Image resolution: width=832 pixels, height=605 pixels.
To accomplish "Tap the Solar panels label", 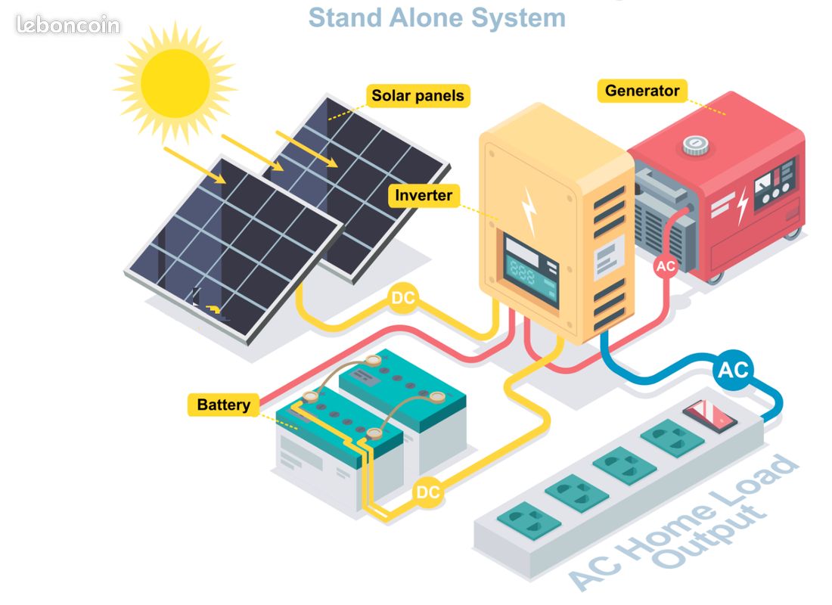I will (417, 96).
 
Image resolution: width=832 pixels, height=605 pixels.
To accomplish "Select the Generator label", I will (642, 91).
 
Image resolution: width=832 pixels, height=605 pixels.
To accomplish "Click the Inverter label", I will (424, 196).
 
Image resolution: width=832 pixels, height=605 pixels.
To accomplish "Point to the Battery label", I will (223, 405).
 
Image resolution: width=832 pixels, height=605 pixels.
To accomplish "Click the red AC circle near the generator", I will (666, 266).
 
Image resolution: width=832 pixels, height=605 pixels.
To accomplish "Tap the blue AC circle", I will (732, 371).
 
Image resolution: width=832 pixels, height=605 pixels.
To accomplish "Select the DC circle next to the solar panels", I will (402, 299).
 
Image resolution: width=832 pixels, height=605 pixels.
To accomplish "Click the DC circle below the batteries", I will (428, 493).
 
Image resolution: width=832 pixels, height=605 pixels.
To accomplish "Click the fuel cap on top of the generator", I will (694, 145).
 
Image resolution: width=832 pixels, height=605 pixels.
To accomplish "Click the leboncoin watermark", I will (68, 25).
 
